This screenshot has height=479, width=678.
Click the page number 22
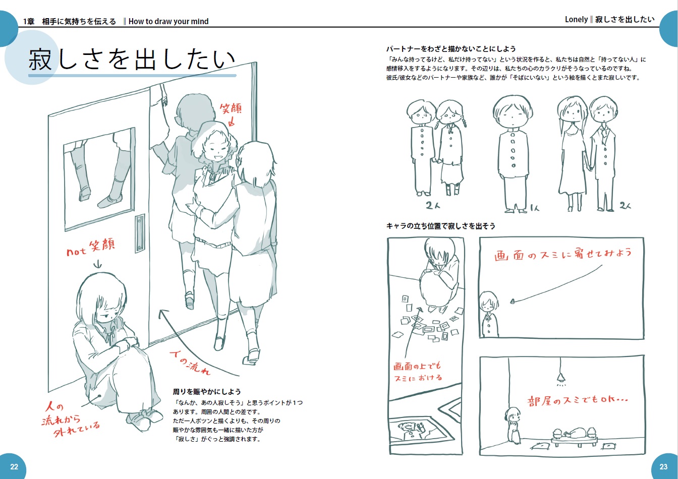coord(14,466)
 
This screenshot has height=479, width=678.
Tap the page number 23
coord(663,466)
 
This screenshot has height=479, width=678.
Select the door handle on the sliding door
coord(140,233)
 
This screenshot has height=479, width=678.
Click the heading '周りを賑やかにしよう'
coord(207,392)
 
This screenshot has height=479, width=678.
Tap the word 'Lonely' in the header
coord(576,20)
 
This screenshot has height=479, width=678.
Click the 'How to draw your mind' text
coord(168,22)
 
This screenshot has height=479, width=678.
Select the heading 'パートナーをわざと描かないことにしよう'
coord(450,49)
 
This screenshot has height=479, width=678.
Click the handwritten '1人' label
coord(535,208)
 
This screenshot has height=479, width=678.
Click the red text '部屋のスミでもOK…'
coord(578,401)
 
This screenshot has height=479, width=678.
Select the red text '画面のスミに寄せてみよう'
coord(563,254)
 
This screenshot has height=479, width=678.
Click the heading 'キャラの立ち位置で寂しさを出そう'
coord(441,226)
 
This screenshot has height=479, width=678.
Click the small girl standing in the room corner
coord(513,425)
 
